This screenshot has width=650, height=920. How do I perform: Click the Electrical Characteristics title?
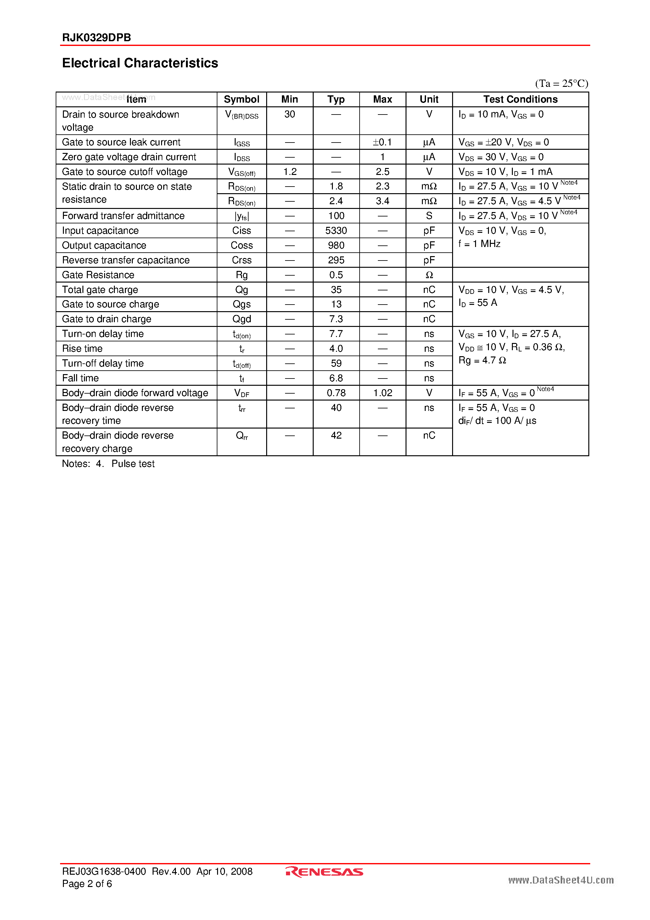tap(140, 63)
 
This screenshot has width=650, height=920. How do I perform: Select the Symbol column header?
tap(241, 99)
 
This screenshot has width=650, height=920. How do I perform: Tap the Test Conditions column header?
tap(520, 99)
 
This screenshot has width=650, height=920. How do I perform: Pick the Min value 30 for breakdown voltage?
tap(289, 114)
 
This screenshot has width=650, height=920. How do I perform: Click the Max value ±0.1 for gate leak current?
tap(382, 142)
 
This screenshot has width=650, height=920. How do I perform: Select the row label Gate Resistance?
tap(98, 275)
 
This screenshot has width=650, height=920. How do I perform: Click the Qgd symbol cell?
tap(241, 319)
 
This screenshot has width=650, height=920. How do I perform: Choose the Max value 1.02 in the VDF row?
tap(382, 393)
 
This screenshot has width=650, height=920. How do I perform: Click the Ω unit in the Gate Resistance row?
tap(429, 275)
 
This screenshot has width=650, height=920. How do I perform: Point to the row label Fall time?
tap(80, 378)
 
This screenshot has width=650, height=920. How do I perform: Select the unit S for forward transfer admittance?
tap(429, 216)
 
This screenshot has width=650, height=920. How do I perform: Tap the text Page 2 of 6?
tap(87, 884)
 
